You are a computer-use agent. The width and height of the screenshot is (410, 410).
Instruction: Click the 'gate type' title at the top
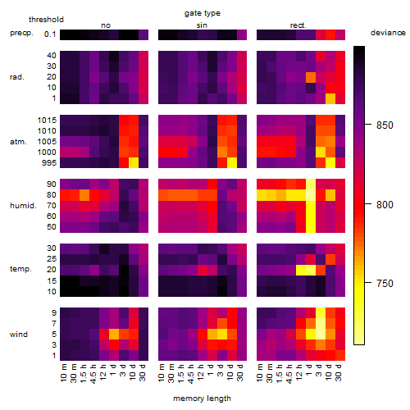click(203, 14)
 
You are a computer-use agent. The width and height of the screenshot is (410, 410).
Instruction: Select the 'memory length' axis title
click(202, 399)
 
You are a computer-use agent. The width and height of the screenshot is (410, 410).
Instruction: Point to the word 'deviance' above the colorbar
click(388, 33)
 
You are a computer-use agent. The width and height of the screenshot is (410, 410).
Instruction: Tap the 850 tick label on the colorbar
click(385, 125)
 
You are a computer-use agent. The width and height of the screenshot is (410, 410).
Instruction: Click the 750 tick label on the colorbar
click(385, 284)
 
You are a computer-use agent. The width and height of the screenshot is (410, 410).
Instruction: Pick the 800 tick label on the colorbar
click(385, 204)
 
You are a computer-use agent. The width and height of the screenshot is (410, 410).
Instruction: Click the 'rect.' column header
click(298, 25)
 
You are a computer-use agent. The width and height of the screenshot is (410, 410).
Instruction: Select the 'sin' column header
click(202, 25)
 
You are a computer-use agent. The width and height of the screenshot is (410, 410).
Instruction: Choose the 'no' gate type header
click(106, 25)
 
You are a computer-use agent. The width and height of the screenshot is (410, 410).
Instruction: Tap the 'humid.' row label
click(23, 206)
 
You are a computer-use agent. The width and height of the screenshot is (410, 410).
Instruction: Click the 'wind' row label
click(19, 335)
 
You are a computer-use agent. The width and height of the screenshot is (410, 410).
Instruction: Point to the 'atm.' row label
click(18, 142)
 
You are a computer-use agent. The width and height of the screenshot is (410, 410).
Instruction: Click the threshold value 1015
click(47, 121)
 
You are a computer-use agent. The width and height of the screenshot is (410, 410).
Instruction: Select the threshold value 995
click(49, 163)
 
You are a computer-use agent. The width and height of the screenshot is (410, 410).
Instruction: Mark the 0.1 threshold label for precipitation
click(50, 34)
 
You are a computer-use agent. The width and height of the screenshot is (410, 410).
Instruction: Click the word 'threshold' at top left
click(46, 20)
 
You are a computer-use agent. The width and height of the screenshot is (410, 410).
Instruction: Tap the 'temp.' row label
click(20, 269)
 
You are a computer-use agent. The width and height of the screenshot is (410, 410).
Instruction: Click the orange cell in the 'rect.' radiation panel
click(311, 77)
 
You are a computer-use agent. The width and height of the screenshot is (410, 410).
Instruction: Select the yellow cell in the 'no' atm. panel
click(134, 163)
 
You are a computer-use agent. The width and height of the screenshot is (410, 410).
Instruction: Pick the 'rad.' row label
click(17, 77)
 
